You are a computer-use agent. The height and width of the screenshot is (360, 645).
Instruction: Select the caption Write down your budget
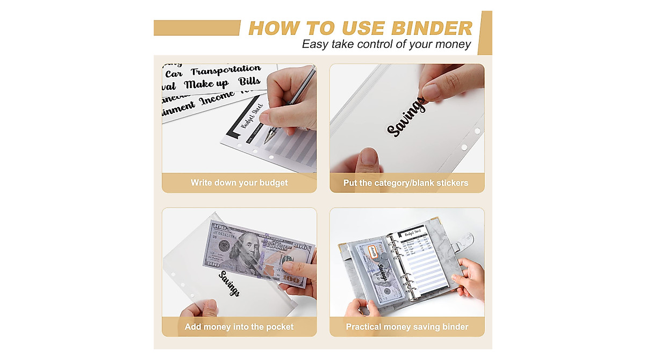pyautogui.click(x=239, y=183)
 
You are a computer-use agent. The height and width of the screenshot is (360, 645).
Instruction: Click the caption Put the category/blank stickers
pyautogui.click(x=406, y=183)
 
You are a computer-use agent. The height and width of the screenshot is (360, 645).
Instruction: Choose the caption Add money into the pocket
pyautogui.click(x=239, y=327)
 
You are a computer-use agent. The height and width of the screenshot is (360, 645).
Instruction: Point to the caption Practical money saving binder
pyautogui.click(x=406, y=327)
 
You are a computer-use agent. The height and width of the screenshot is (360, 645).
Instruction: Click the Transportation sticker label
pyautogui.click(x=226, y=70)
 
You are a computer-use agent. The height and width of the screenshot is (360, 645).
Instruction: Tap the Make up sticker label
pyautogui.click(x=206, y=84)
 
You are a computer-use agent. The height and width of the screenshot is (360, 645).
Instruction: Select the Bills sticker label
pyautogui.click(x=249, y=82)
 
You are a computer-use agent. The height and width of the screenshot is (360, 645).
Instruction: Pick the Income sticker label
pyautogui.click(x=217, y=99)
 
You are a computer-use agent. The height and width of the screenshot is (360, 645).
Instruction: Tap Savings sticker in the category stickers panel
pyautogui.click(x=406, y=118)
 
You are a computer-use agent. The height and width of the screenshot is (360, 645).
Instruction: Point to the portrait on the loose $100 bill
pyautogui.click(x=240, y=252)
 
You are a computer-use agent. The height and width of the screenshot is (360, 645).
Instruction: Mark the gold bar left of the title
pyautogui.click(x=197, y=28)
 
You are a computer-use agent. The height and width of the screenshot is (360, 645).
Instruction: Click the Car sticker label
pyautogui.click(x=174, y=74)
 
